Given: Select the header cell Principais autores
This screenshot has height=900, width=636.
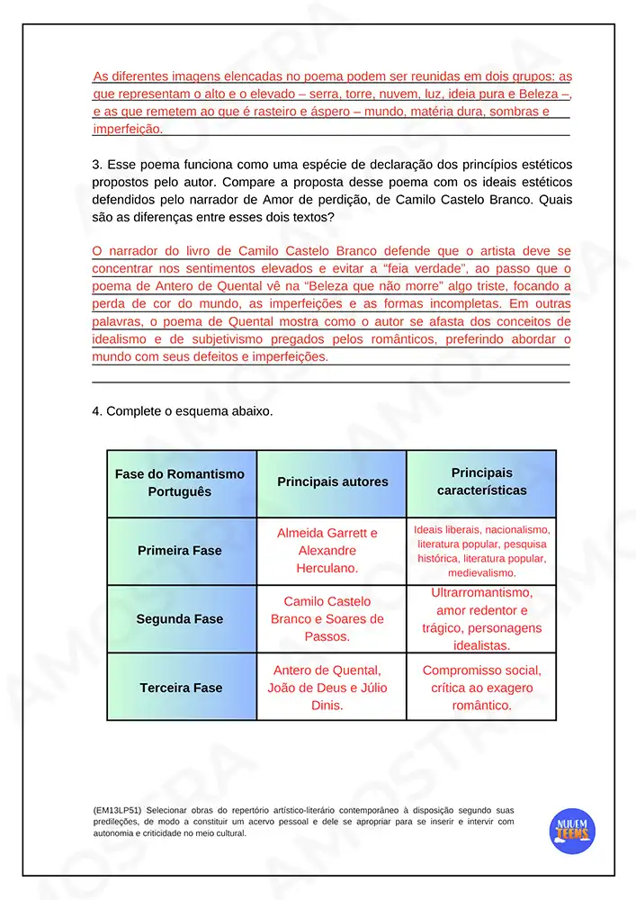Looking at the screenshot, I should click(x=332, y=482).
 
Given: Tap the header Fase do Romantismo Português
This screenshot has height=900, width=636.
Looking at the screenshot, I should click(x=180, y=482).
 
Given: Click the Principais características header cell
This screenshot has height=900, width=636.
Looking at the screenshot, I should click(x=481, y=482).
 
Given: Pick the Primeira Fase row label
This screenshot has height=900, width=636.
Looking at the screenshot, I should click(x=180, y=551).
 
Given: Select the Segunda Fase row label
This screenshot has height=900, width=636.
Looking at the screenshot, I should click(x=180, y=619).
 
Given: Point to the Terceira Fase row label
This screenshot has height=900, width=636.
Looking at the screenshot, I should click(x=180, y=688).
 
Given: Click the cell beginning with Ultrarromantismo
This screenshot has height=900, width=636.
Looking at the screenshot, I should click(x=481, y=619).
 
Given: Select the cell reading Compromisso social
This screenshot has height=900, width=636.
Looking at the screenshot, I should click(x=481, y=688).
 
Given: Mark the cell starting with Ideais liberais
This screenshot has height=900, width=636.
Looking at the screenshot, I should click(x=481, y=551).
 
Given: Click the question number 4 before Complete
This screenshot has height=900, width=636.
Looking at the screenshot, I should click(x=96, y=411).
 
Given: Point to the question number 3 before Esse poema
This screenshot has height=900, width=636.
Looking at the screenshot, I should click(x=96, y=165).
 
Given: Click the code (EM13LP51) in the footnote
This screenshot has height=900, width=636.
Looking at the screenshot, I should click(x=116, y=810).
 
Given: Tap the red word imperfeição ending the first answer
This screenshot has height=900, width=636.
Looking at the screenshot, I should click(x=129, y=130).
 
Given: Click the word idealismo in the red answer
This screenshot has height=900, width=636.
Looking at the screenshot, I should click(x=125, y=339).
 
